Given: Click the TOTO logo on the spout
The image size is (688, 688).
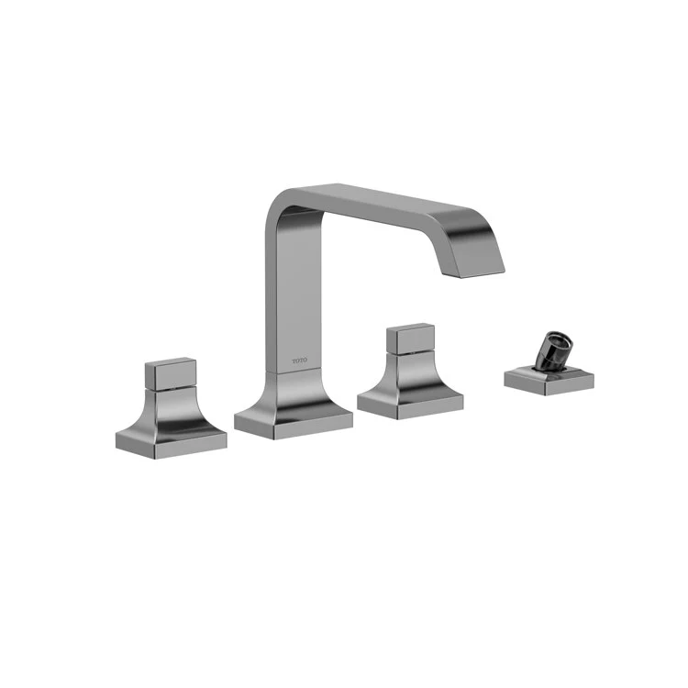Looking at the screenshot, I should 301,361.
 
